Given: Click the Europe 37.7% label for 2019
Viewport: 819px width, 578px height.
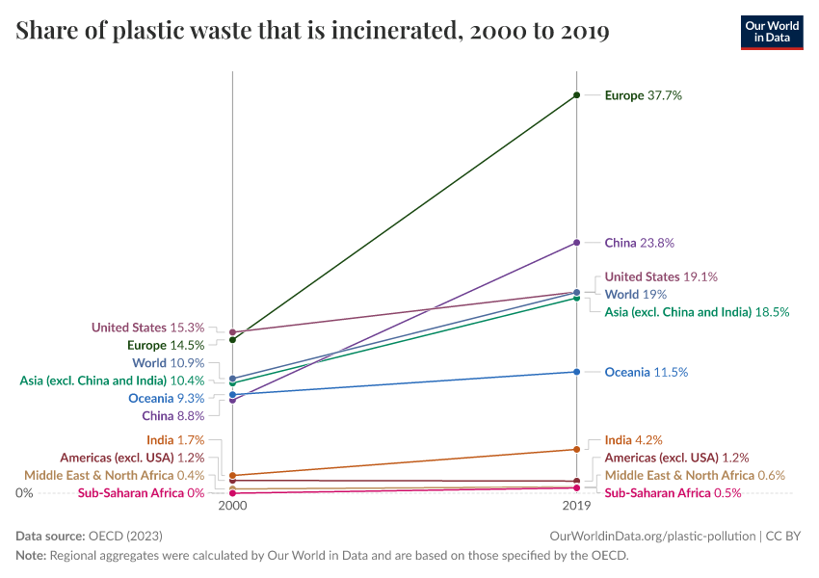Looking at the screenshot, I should click(x=643, y=95).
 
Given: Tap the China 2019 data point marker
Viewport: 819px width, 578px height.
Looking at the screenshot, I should click(x=576, y=242).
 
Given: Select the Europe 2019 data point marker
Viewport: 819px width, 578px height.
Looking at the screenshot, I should click(x=576, y=94).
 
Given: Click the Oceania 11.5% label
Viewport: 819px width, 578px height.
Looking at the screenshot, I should click(x=646, y=372).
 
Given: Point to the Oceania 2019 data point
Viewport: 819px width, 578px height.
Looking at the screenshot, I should click(x=576, y=372).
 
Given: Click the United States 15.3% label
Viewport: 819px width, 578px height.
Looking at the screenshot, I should click(x=147, y=328).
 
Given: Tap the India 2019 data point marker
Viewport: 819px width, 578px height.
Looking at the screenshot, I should click(x=576, y=449).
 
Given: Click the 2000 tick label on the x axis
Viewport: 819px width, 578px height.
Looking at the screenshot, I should click(x=232, y=506).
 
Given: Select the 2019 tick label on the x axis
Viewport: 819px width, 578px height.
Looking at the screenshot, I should click(x=576, y=506).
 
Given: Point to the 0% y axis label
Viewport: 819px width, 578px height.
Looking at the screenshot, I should click(x=24, y=493).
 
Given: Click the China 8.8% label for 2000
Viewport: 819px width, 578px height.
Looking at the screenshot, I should click(x=172, y=416).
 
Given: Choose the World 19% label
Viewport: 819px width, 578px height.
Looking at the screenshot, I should click(x=635, y=294).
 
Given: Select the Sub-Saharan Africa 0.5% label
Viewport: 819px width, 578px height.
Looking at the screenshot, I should click(x=673, y=493).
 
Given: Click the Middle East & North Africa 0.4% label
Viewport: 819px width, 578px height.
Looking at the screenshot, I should click(x=114, y=475).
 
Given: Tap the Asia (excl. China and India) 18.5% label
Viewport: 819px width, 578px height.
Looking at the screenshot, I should click(x=697, y=312).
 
